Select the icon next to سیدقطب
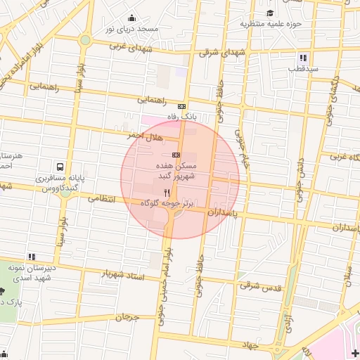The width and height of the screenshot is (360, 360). tap(303, 58)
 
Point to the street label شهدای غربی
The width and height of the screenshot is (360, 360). tap(131, 48)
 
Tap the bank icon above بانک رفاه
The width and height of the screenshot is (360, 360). tap(182, 105)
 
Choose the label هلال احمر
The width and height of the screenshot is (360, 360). tap(145, 134)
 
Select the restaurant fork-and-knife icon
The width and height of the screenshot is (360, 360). tap(167, 192)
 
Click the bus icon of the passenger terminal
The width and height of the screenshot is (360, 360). tap(60, 167)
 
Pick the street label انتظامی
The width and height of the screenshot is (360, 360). tap(101, 199)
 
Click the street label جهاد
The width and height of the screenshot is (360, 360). tap(251, 345)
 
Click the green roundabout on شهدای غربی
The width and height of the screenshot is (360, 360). tap(85, 40)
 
